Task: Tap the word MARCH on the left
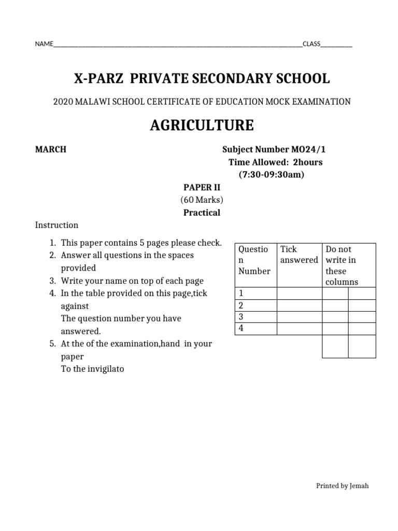tap(50, 149)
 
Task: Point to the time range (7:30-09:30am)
tap(272, 174)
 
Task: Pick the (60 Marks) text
tap(202, 200)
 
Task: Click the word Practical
tap(202, 213)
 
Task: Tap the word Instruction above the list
tap(56, 225)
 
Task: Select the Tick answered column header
tap(298, 255)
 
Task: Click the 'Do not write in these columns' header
tap(342, 265)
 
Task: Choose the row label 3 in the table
tap(240, 316)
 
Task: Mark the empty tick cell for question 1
tap(299, 294)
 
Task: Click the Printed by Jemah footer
tap(342, 486)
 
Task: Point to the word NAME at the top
tap(44, 44)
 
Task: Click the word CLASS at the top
tap(311, 44)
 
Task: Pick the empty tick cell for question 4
tap(299, 328)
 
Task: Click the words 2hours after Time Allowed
tap(308, 162)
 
